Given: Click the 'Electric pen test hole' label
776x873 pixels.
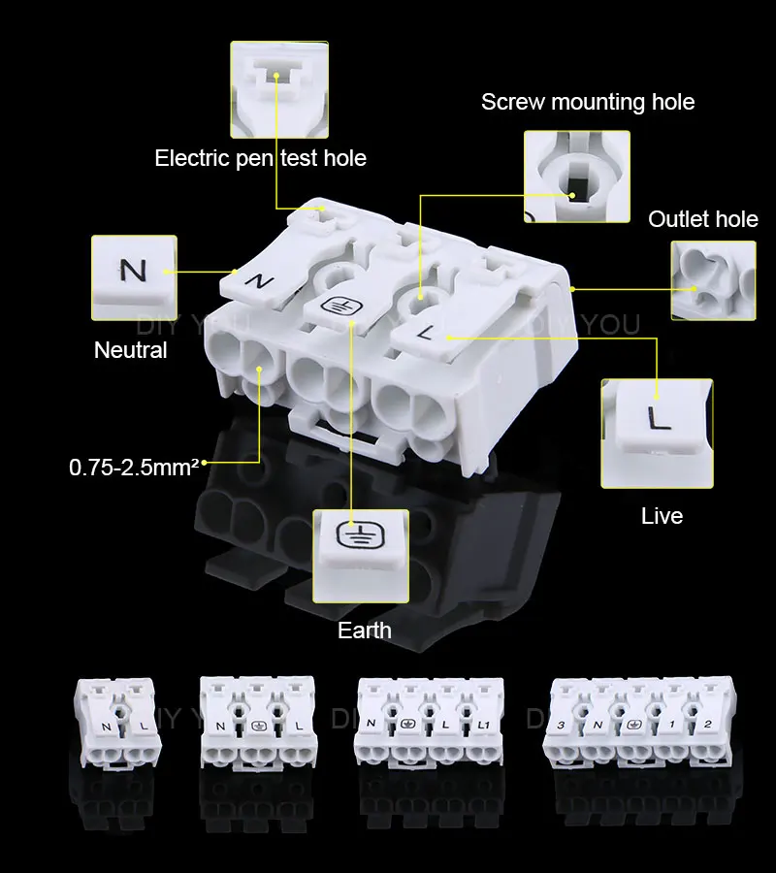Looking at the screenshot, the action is point(261,159).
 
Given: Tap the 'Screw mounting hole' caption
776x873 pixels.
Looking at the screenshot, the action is point(588,103).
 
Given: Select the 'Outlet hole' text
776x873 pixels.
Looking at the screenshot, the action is point(703,219).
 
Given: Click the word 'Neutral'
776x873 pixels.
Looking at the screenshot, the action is point(131,350).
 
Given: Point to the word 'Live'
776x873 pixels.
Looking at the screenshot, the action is point(662,516).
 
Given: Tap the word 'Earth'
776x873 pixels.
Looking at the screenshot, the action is point(365,630).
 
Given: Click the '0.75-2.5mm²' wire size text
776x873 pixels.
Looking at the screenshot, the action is point(134,468).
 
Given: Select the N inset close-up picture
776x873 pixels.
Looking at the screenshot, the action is point(134,277).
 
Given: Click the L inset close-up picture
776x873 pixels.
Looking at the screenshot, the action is point(657,434).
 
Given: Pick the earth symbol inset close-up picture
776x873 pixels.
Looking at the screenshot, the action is point(361,556).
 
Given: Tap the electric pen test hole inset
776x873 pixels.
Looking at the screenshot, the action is point(279,89).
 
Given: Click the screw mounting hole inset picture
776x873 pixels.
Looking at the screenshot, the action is point(577,177).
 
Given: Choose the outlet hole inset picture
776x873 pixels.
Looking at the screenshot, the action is point(714,280).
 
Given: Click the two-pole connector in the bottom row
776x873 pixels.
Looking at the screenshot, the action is point(117,724).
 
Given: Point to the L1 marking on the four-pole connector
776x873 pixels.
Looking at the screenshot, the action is point(483,725).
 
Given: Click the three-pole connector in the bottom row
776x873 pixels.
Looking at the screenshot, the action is point(258,724).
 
